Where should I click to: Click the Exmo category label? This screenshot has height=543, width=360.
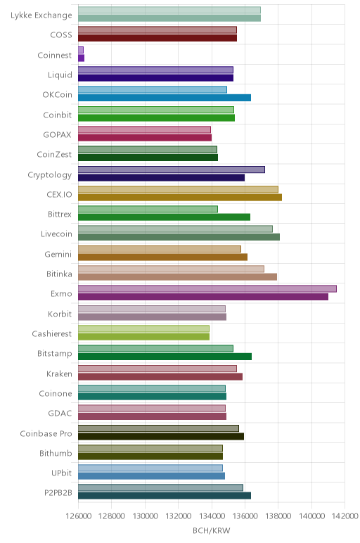pyautogui.click(x=61, y=294)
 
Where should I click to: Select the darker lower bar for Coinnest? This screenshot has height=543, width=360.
pyautogui.click(x=82, y=58)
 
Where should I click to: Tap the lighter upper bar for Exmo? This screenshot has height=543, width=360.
pyautogui.click(x=207, y=289)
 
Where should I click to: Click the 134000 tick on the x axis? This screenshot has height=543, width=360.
pyautogui.click(x=212, y=516)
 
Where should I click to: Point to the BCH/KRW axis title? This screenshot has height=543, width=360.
pyautogui.click(x=211, y=530)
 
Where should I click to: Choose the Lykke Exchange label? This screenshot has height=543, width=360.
pyautogui.click(x=41, y=15)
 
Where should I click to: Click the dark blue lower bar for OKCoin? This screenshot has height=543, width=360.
pyautogui.click(x=165, y=98)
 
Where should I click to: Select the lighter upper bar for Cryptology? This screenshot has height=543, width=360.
pyautogui.click(x=172, y=170)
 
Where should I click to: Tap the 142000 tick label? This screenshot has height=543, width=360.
pyautogui.click(x=345, y=516)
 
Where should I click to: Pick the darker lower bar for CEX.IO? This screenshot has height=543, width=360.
pyautogui.click(x=180, y=198)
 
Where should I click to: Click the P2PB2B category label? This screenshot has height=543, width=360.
pyautogui.click(x=58, y=492)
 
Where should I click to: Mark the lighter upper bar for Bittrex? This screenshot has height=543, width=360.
pyautogui.click(x=148, y=209)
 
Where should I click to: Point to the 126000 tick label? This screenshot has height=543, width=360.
pyautogui.click(x=78, y=516)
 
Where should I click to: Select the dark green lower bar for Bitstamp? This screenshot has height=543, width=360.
pyautogui.click(x=165, y=357)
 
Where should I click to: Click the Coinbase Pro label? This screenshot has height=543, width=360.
pyautogui.click(x=46, y=433)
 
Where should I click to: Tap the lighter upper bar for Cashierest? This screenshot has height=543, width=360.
pyautogui.click(x=143, y=328)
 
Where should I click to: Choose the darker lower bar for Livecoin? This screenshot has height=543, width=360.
pyautogui.click(x=179, y=237)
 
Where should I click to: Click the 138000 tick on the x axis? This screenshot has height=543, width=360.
pyautogui.click(x=278, y=516)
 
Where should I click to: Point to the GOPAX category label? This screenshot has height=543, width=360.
pyautogui.click(x=57, y=135)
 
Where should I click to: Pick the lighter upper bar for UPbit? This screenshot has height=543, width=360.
pyautogui.click(x=150, y=468)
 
